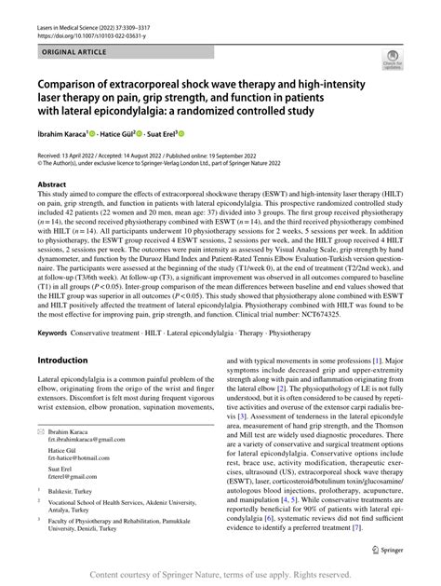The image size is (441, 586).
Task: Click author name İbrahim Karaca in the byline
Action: pyautogui.click(x=64, y=135)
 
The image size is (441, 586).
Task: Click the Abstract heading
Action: pyautogui.click(x=51, y=185)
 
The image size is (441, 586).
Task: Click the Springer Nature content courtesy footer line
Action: pyautogui.click(x=220, y=575)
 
